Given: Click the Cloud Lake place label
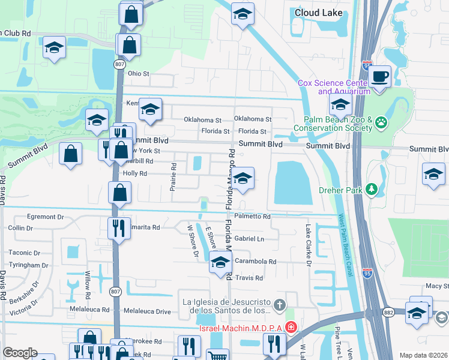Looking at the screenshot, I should (x=319, y=13).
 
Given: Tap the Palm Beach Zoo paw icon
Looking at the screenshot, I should (x=381, y=122).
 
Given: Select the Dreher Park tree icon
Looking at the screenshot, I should (x=373, y=190).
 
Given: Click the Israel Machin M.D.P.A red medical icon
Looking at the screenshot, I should (x=291, y=326).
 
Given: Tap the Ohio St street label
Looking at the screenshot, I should (x=138, y=74).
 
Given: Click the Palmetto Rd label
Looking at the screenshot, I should (x=253, y=216).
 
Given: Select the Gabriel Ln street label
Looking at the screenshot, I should (x=249, y=239).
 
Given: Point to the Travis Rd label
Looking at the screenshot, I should (x=249, y=278).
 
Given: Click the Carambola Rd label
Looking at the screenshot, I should (x=255, y=262).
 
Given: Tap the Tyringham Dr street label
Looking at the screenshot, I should (x=29, y=265).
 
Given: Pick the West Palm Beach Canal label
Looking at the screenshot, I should (x=342, y=245).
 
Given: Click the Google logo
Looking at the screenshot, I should (x=20, y=353).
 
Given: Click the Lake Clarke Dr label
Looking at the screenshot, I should (x=309, y=245).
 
